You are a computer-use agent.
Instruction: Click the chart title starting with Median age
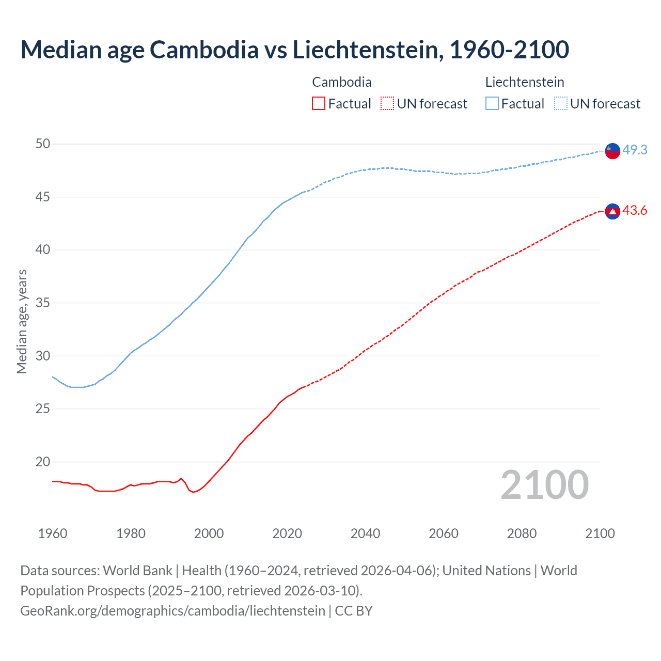click(x=294, y=50)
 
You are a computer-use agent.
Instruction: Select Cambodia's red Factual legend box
click(x=319, y=103)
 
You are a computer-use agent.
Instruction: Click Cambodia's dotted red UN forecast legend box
click(x=387, y=103)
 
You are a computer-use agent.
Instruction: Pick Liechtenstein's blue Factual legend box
click(x=492, y=103)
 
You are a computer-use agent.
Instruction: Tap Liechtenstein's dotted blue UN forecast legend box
click(x=561, y=103)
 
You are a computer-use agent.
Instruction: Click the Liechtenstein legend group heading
click(x=524, y=82)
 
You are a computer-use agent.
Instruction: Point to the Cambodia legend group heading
click(x=341, y=82)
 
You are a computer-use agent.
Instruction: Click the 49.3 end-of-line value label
click(x=635, y=150)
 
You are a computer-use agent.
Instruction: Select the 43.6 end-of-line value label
click(x=635, y=211)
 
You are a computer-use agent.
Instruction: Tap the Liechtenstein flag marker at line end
click(x=612, y=150)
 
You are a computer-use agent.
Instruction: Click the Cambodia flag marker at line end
click(x=612, y=211)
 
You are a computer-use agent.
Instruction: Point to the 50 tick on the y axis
click(x=43, y=144)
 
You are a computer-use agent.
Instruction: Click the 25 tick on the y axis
click(x=43, y=409)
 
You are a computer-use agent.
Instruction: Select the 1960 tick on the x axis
click(x=53, y=533)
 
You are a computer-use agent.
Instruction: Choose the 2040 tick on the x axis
click(x=365, y=533)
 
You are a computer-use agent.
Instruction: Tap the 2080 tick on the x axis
click(x=522, y=533)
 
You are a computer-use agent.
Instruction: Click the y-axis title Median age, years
click(x=22, y=321)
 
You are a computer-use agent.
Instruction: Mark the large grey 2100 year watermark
click(x=544, y=485)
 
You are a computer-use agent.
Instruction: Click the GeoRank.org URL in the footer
click(x=172, y=611)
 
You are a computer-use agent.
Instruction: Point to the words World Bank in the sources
click(x=137, y=571)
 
